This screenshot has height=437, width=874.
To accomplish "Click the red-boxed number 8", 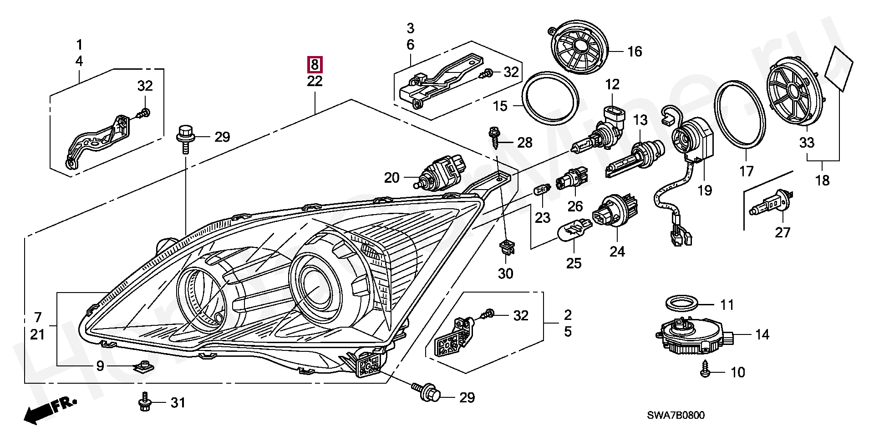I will (x=315, y=65).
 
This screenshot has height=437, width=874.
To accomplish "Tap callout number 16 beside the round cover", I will (x=635, y=51).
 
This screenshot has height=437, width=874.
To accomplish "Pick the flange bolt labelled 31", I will (x=144, y=402).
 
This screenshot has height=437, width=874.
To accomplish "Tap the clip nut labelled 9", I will (x=144, y=366).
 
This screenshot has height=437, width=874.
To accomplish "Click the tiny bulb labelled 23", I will (x=542, y=189).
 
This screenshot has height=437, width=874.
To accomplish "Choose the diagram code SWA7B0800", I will (x=676, y=415).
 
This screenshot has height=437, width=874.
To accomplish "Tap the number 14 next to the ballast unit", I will (x=762, y=335).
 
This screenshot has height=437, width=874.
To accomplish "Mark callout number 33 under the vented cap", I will (x=807, y=142).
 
